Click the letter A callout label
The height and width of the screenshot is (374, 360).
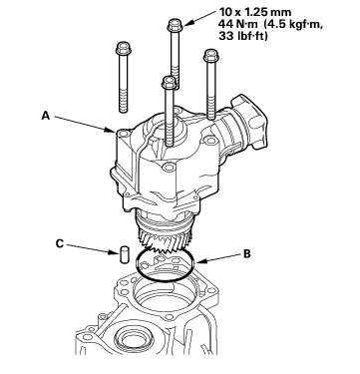click(46, 116)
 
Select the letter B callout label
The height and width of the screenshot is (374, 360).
click(247, 254)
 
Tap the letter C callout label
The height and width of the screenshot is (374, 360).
click(60, 243)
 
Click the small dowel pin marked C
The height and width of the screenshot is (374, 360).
click(124, 255)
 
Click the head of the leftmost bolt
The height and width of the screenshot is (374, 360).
click(124, 48)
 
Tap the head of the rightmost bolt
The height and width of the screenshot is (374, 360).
click(210, 55)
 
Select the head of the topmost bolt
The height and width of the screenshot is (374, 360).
click(176, 25)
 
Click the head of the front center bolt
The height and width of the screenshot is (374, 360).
click(170, 83)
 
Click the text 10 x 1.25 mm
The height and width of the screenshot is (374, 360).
click(255, 13)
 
